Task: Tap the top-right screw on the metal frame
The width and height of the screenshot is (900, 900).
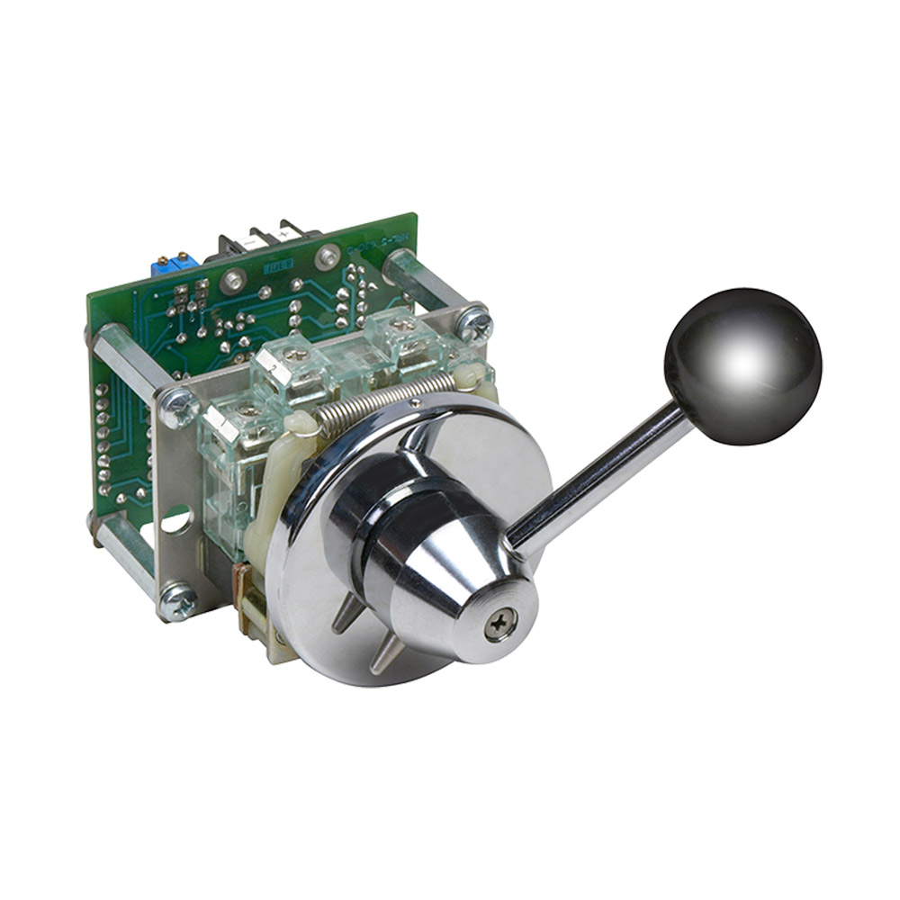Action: click(x=474, y=321)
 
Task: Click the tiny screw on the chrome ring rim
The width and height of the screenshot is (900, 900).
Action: click(x=412, y=407)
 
